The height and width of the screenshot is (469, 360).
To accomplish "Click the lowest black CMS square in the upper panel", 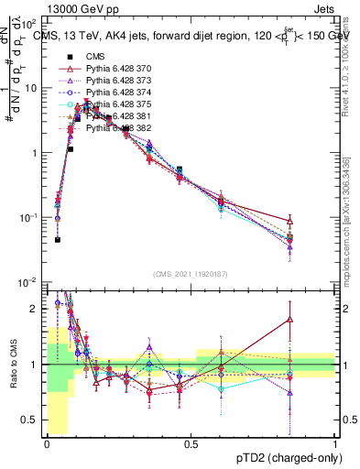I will point(58,240).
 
